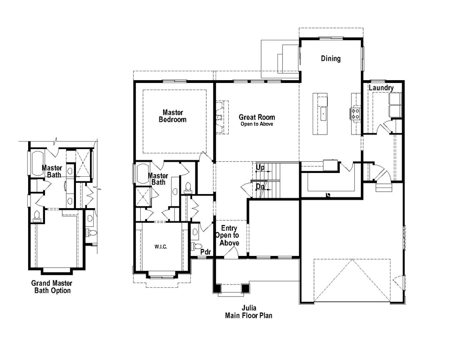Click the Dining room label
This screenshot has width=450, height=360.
(330, 59)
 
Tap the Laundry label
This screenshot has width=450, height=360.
(381, 88)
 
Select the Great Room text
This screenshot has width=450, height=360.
(256, 118)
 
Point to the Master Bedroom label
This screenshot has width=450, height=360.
(173, 116)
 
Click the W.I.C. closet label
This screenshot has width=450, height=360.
(161, 247)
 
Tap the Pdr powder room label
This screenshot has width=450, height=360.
(206, 252)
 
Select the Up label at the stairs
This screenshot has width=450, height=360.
(261, 167)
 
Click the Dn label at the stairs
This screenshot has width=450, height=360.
(260, 186)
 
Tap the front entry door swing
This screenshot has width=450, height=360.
(231, 252)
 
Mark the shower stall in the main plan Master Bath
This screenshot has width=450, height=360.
(143, 196)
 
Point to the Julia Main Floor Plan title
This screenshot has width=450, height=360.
(248, 312)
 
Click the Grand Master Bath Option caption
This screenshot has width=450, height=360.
(52, 287)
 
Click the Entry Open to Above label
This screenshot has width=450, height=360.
(227, 236)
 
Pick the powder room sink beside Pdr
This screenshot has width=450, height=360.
(194, 232)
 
